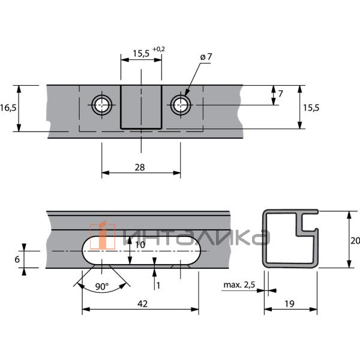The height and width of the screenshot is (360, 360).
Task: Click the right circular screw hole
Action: tap(180, 106)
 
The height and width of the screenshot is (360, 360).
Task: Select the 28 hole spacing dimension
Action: tap(140, 167)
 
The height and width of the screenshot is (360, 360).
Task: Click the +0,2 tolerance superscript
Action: tap(158, 49)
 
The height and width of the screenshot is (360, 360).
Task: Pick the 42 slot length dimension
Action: tap(142, 304)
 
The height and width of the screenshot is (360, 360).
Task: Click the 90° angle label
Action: tap(101, 287)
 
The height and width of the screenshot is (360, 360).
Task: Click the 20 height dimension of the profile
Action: tap(355, 241)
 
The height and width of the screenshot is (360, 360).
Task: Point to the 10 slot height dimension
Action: tap(139, 245)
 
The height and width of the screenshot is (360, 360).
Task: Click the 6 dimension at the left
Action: tap(17, 259)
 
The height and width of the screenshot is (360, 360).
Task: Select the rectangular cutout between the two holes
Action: tap(141, 106)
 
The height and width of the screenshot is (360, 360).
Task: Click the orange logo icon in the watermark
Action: tap(102, 235)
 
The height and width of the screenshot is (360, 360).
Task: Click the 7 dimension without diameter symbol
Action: tap(281, 94)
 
